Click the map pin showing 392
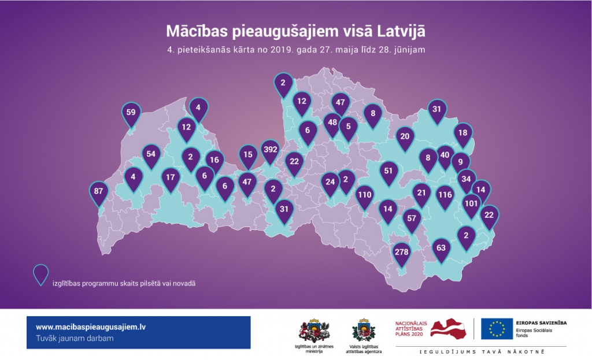pyautogui.click(x=270, y=150)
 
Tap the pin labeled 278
pyautogui.click(x=401, y=253)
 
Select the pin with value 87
pyautogui.click(x=99, y=191)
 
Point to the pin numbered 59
pyautogui.click(x=131, y=112)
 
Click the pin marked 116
pyautogui.click(x=445, y=195)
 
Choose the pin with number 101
pyautogui.click(x=472, y=204)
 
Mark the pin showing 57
pyautogui.click(x=412, y=219)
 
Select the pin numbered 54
pyautogui.click(x=151, y=154)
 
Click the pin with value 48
pyautogui.click(x=332, y=123)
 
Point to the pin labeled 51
pyautogui.click(x=388, y=171)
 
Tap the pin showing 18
pyautogui.click(x=463, y=133)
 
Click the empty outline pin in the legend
pyautogui.click(x=40, y=274)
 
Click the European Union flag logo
pyautogui.click(x=497, y=329)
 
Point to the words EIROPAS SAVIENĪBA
pyautogui.click(x=541, y=322)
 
